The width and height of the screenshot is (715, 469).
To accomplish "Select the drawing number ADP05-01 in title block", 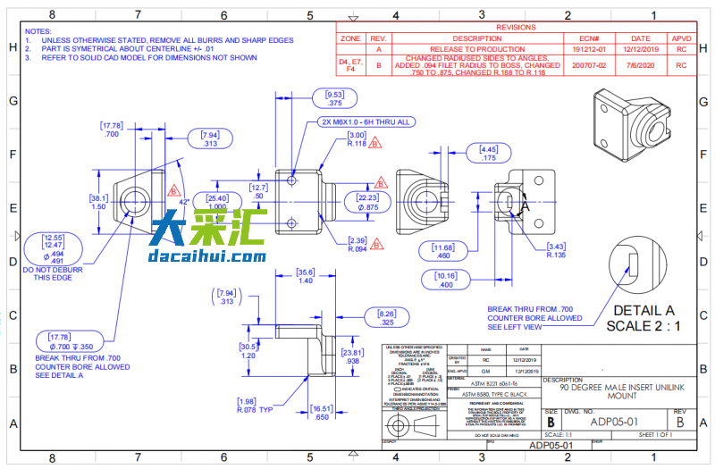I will coord(614,420).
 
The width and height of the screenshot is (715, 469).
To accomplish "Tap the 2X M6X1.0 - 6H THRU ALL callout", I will coord(366,122).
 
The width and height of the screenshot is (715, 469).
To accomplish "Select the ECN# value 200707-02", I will coord(589,65).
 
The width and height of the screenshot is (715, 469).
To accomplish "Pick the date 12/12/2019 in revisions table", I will coord(641,50).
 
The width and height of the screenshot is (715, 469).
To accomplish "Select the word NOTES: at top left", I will coord(38,31).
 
